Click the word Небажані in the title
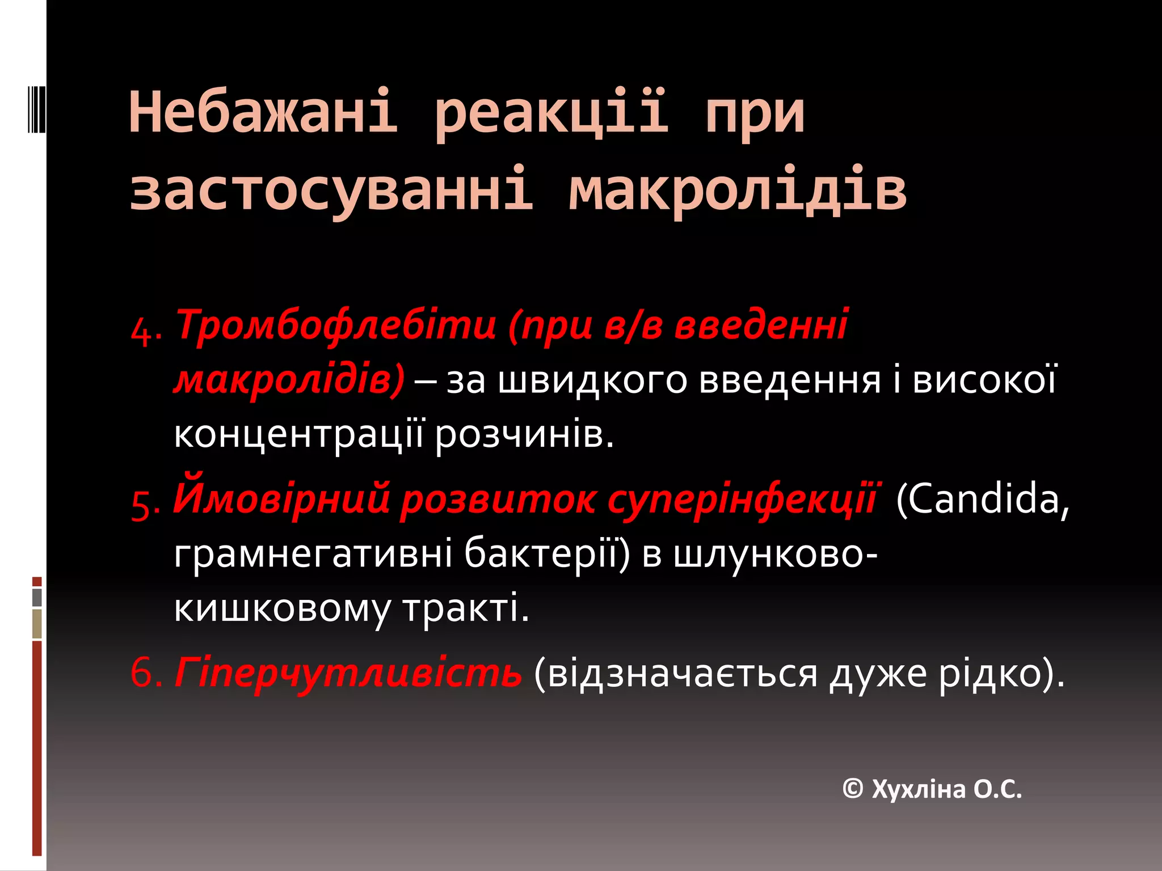point(263,112)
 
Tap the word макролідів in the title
point(738,189)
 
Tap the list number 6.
point(146,674)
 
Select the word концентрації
point(298,435)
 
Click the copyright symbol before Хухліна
point(853,788)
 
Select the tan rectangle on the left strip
point(37,624)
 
